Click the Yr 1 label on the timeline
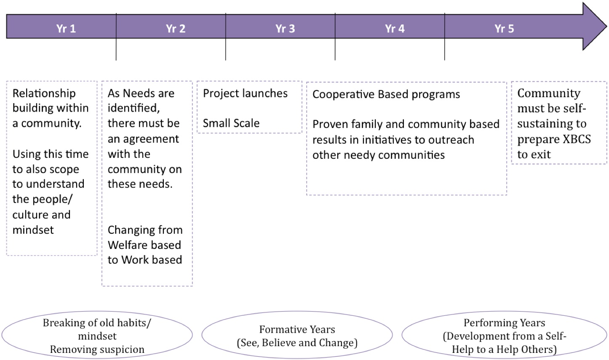(x=66, y=29)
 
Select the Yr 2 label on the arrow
(x=175, y=29)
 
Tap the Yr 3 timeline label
(x=285, y=29)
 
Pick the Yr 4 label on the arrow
(x=395, y=29)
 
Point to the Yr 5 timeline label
(x=504, y=29)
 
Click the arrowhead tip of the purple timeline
(x=606, y=27)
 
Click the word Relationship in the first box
(x=44, y=93)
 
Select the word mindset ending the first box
(x=33, y=230)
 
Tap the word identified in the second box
(x=134, y=108)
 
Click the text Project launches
(x=245, y=93)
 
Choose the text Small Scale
(x=231, y=123)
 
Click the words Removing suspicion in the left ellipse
(x=97, y=349)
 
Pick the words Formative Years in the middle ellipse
(x=297, y=330)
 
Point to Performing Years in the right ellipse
(x=504, y=323)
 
